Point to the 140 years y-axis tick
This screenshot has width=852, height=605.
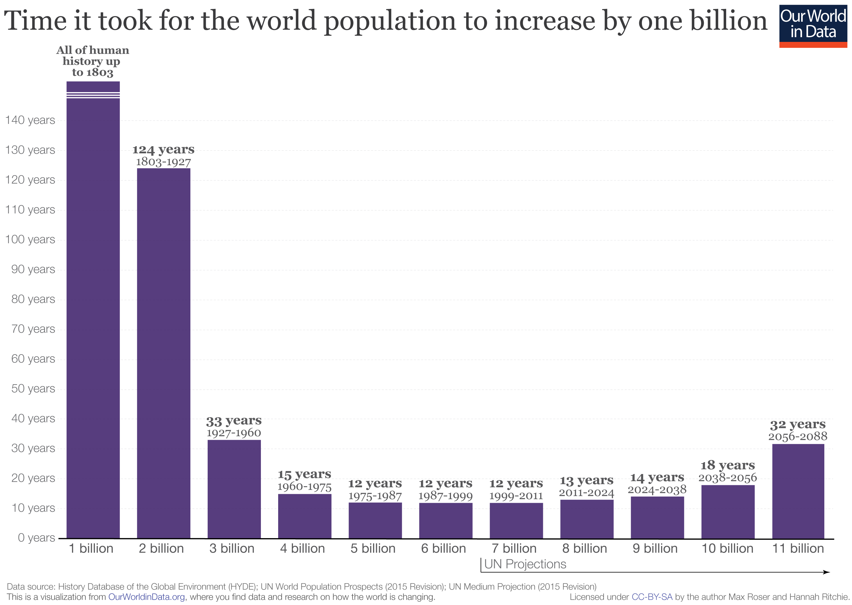tap(30, 120)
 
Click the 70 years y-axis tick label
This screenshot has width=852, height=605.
tap(33, 329)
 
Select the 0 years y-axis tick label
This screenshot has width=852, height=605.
tap(36, 538)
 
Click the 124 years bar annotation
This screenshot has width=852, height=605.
tap(163, 149)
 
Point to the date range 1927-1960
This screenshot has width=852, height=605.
tap(234, 433)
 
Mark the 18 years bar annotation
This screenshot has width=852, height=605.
tap(727, 465)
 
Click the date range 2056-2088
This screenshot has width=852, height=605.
tap(798, 436)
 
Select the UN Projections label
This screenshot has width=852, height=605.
tap(525, 564)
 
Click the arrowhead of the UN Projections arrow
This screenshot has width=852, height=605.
tap(827, 572)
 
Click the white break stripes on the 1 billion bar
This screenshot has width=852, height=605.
tap(93, 95)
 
